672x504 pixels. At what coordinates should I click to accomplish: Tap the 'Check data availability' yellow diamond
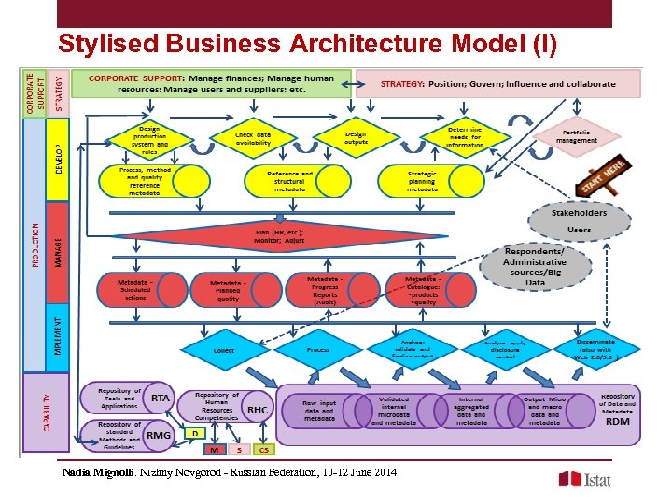coord(253,139)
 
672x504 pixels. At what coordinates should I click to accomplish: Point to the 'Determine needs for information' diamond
coord(465,137)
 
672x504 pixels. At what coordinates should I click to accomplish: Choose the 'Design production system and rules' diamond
coord(149,139)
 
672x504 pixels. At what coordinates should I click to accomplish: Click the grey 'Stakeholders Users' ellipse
coord(579,220)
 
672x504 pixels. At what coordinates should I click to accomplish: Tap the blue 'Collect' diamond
coord(224,350)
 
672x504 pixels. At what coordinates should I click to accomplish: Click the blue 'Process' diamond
coord(317,350)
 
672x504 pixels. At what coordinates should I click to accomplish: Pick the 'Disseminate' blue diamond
coord(595,349)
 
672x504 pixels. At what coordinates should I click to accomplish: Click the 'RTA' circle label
coord(160,397)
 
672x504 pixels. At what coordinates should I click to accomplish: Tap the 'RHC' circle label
coord(257,408)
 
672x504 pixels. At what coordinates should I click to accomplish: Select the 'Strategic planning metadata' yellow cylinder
coord(422,180)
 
